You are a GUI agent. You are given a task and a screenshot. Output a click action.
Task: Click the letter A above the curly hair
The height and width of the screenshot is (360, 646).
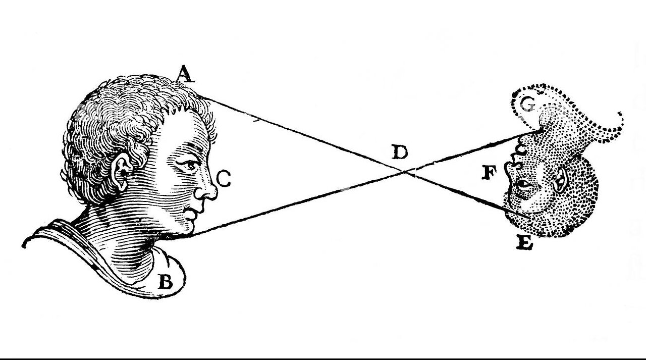coord(185,74)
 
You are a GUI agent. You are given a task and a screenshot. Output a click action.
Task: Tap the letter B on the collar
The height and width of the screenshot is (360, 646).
coord(166,281)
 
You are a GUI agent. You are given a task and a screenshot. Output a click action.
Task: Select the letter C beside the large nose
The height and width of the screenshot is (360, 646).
coord(224,178)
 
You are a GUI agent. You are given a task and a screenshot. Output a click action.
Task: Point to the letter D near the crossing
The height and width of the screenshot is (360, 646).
coord(399,152)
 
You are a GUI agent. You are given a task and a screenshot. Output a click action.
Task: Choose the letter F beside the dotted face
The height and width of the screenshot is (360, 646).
coord(490,173)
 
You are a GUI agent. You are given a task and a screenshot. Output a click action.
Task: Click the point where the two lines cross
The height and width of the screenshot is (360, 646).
coord(406,172)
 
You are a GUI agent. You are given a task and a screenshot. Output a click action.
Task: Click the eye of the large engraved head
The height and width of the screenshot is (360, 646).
coord(189,165)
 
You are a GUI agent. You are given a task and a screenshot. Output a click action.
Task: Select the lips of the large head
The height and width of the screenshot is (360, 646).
coord(191,215)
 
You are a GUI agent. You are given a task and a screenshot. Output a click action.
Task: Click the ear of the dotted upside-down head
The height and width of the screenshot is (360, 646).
coord(560,180)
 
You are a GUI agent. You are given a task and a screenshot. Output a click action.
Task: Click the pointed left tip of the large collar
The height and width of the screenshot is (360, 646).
coord(24,245)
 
